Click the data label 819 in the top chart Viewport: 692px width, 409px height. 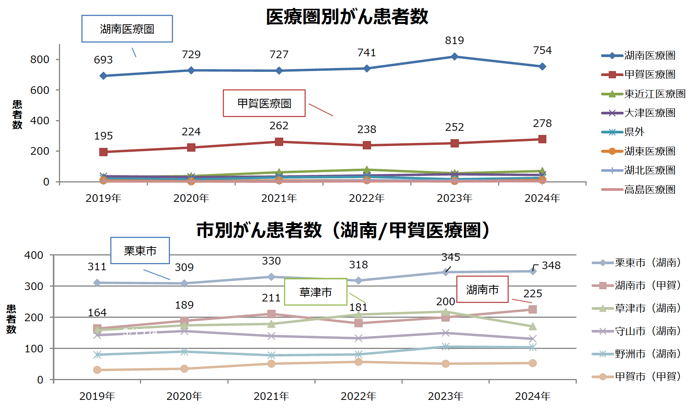click(x=454, y=40)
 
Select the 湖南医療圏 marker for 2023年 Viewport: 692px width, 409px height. click(x=454, y=57)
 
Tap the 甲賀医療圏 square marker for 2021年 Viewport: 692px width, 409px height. click(x=279, y=142)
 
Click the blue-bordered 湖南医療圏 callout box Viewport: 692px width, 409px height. click(x=127, y=29)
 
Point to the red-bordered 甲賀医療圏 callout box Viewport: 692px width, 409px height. click(x=264, y=103)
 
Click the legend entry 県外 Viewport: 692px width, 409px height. click(x=634, y=132)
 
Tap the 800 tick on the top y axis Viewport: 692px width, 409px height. click(x=40, y=60)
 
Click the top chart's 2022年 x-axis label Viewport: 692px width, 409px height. click(x=367, y=198)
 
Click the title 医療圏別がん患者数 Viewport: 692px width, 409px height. click(x=347, y=17)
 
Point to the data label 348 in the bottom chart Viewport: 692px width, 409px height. click(x=551, y=265)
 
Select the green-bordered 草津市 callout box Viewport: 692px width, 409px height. click(x=316, y=292)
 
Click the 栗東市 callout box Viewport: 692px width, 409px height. click(x=140, y=251)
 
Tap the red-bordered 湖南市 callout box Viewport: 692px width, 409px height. click(x=482, y=290)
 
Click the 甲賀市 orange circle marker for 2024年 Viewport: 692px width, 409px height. click(x=532, y=363)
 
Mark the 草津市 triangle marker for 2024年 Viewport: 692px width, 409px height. click(x=532, y=326)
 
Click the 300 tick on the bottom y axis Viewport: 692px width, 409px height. click(x=34, y=286)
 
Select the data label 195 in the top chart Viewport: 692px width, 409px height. click(x=103, y=136)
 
